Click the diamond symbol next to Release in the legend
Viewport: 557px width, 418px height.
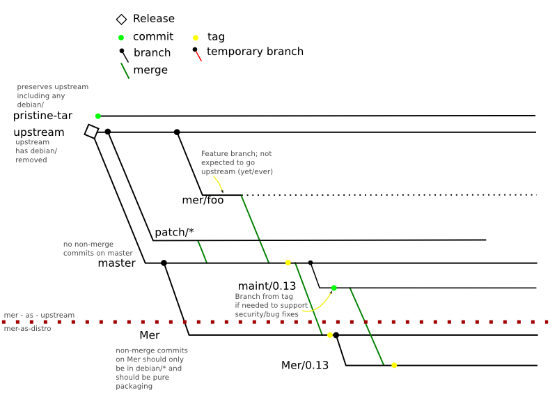coord(121,20)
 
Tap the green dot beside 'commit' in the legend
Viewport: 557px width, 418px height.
coord(121,37)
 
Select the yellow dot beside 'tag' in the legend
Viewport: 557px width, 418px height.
coord(196,37)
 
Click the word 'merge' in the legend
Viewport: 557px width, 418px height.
coord(150,70)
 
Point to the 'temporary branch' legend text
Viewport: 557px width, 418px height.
coord(255,52)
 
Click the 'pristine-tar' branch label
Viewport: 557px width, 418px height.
coord(42,116)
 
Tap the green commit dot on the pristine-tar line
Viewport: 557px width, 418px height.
coord(98,116)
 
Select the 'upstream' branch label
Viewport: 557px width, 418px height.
coord(39,132)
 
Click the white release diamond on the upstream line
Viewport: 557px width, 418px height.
coord(91,131)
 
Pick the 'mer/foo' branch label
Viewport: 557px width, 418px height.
coord(203,201)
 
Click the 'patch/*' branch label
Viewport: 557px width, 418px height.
coord(174,232)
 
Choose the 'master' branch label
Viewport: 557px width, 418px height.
coord(116,263)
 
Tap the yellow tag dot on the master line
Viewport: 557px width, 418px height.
coord(288,263)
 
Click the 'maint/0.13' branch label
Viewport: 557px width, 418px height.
coord(267,286)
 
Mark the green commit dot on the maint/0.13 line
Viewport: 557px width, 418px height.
coord(334,288)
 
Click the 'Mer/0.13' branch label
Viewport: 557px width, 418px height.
coord(304,365)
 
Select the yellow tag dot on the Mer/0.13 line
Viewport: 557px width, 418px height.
coord(394,365)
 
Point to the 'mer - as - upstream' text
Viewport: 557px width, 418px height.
coord(39,316)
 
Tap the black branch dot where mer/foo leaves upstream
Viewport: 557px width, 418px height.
coord(177,132)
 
